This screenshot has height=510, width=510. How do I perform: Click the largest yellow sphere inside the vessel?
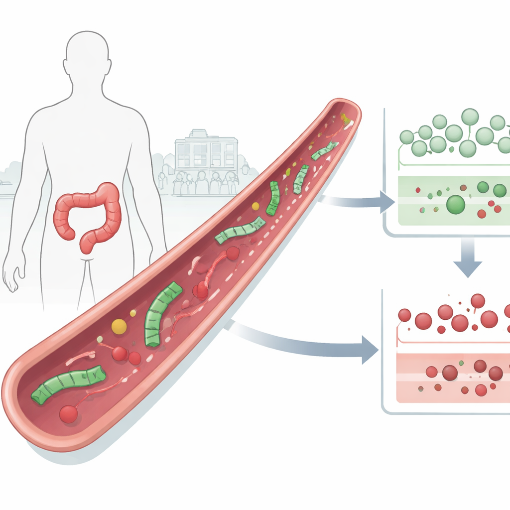119,326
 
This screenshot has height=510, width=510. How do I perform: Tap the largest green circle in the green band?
455,204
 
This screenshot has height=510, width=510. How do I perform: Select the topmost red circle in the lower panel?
478,301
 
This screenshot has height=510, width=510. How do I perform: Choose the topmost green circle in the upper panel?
470,117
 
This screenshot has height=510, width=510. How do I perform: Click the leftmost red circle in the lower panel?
404,315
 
